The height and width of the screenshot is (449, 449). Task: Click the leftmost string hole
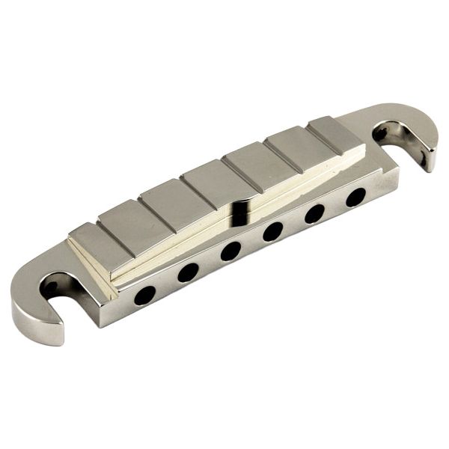pyautogui.click(x=144, y=295)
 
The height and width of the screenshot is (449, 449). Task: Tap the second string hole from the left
pyautogui.click(x=187, y=272)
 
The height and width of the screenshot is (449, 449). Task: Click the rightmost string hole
pyautogui.click(x=355, y=196)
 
